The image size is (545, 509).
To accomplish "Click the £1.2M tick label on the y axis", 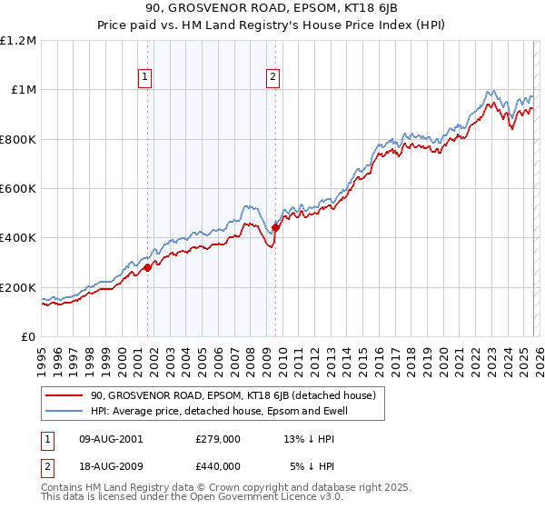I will coord(18,41).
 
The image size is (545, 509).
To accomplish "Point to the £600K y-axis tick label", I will coord(18,189).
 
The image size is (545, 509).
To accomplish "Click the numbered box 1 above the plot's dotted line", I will coord(146,78).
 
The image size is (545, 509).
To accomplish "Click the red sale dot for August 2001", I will coord(147,267).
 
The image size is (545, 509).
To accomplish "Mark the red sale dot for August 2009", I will coord(275,228).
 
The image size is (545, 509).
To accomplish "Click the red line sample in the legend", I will coord(64,395).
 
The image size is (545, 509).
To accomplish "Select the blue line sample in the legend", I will coord(64,412).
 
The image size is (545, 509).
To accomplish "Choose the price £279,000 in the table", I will coord(218,439).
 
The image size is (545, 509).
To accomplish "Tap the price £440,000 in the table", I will coord(218,466).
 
